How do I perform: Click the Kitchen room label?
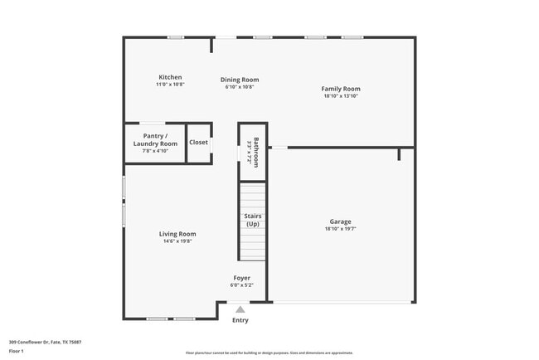(170, 77)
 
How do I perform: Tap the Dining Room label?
(240, 80)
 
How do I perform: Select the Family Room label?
(341, 89)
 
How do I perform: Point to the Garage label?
(340, 221)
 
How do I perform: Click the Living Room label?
(177, 234)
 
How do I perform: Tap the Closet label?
(199, 142)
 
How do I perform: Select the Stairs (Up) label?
(252, 220)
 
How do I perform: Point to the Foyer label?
(241, 278)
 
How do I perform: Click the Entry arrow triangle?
(240, 309)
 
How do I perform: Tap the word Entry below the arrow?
(240, 320)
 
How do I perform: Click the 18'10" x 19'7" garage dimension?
(340, 230)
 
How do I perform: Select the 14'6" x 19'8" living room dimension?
(177, 242)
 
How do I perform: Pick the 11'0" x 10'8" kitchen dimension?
(170, 85)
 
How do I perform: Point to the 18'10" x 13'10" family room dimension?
(341, 96)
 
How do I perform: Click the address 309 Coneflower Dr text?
(45, 342)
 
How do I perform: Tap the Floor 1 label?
(17, 351)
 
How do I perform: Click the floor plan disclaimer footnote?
(269, 353)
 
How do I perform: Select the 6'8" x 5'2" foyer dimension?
(241, 285)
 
